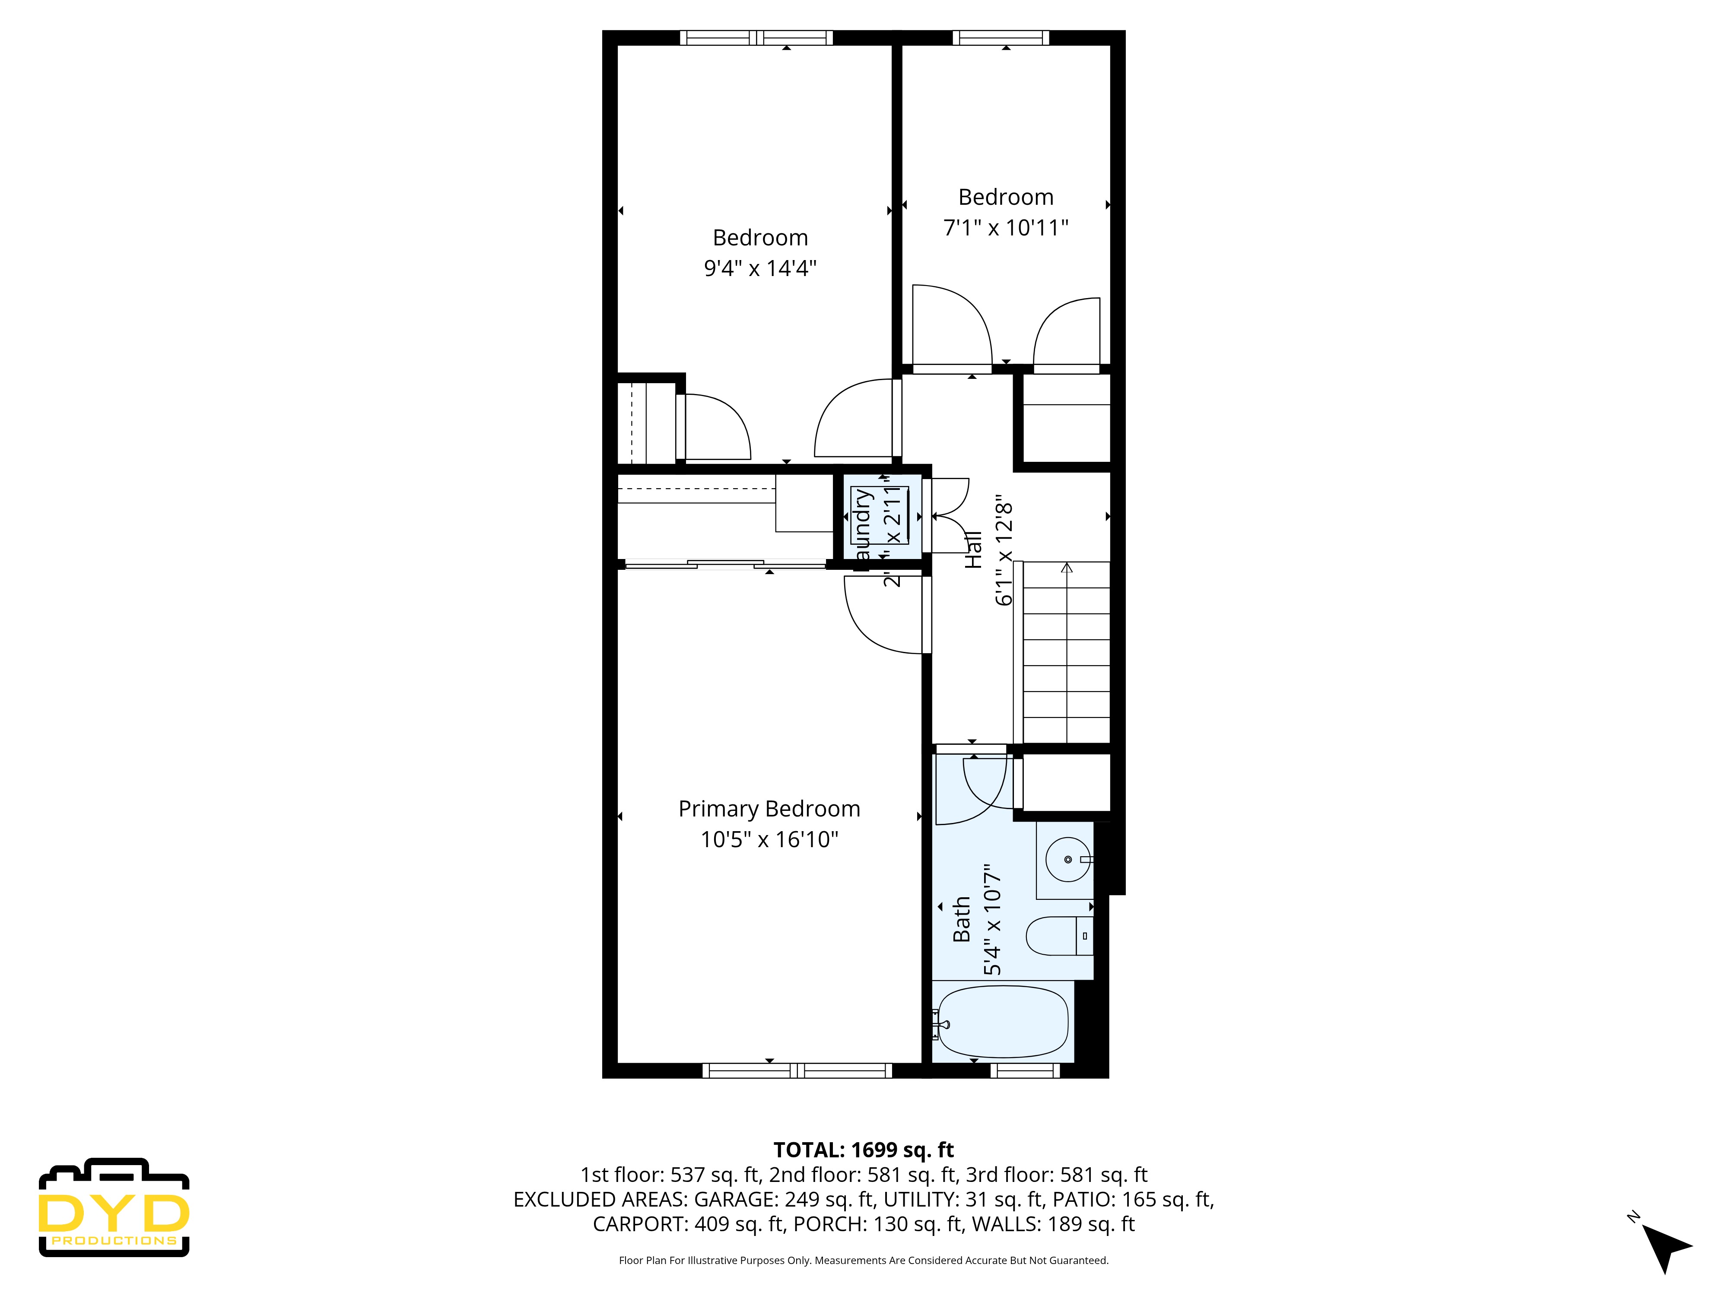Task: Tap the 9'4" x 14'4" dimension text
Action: pyautogui.click(x=759, y=268)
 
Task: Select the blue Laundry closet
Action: pyautogui.click(x=879, y=515)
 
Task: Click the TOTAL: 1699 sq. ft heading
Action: pyautogui.click(x=863, y=1150)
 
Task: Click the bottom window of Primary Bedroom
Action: pyautogui.click(x=797, y=1070)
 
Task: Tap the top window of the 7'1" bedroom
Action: pyautogui.click(x=1001, y=38)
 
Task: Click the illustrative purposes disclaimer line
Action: pyautogui.click(x=863, y=1260)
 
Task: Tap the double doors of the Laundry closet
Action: pyautogui.click(x=947, y=515)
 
